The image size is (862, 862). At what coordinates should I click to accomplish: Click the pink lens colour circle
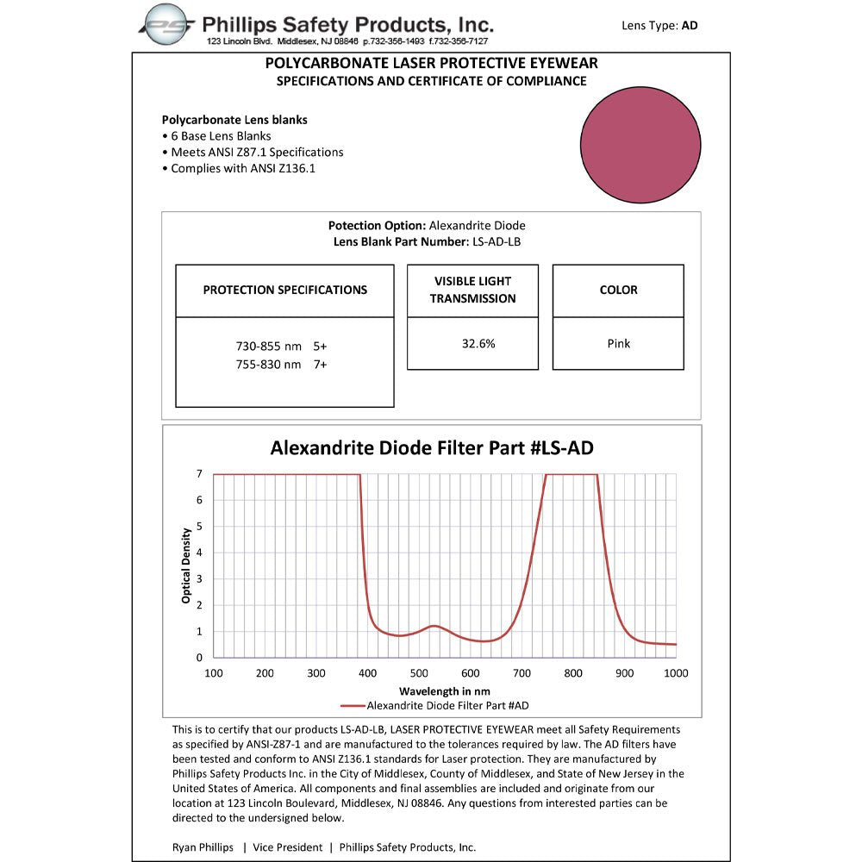coord(640,145)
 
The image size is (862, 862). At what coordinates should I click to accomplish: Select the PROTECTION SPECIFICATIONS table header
coord(284,290)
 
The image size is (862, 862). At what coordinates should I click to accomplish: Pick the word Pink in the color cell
coord(618,343)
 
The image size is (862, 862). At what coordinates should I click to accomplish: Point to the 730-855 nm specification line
coord(281,346)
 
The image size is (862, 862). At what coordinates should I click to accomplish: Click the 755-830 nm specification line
coord(281,365)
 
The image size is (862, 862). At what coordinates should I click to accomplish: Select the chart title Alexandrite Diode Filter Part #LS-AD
coord(431,448)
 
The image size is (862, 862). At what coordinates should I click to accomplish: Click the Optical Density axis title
coord(186,565)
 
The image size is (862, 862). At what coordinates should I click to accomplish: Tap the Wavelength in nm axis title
coord(444,691)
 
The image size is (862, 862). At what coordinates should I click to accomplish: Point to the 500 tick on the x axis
coord(419,674)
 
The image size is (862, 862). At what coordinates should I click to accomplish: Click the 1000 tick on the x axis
coord(676,674)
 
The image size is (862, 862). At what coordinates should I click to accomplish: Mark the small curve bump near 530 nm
coord(434,626)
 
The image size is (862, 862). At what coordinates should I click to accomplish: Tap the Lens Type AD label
coord(659,26)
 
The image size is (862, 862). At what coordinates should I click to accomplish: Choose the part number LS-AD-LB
coord(497,242)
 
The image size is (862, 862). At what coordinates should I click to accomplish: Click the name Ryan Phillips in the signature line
coord(203,847)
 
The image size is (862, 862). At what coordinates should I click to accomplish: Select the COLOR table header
coord(618,290)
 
